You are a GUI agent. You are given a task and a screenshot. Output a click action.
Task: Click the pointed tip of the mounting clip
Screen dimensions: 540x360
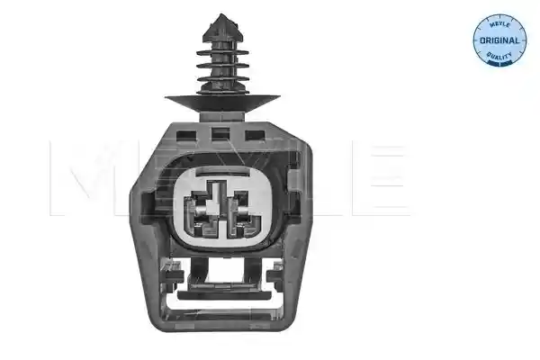pos(221,14)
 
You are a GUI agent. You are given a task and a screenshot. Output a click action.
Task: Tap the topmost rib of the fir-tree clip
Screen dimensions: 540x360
pos(222,52)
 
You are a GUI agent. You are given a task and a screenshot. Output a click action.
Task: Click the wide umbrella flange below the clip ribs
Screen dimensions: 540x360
pos(222,103)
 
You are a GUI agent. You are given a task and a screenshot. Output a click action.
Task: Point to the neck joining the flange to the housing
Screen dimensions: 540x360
pos(222,116)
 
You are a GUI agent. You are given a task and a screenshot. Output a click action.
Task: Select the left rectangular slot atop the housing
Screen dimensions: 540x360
pos(186,135)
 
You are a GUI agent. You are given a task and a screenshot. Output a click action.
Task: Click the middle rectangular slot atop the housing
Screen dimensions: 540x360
pos(220,134)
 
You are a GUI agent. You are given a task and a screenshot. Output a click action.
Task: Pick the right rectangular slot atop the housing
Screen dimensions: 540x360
pos(255,135)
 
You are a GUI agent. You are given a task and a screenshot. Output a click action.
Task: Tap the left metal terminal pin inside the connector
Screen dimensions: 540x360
pos(200,209)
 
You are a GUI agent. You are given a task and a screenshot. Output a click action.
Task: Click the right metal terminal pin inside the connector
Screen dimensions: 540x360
pos(242,211)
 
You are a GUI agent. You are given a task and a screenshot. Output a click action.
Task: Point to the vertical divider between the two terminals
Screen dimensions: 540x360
pos(221,217)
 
